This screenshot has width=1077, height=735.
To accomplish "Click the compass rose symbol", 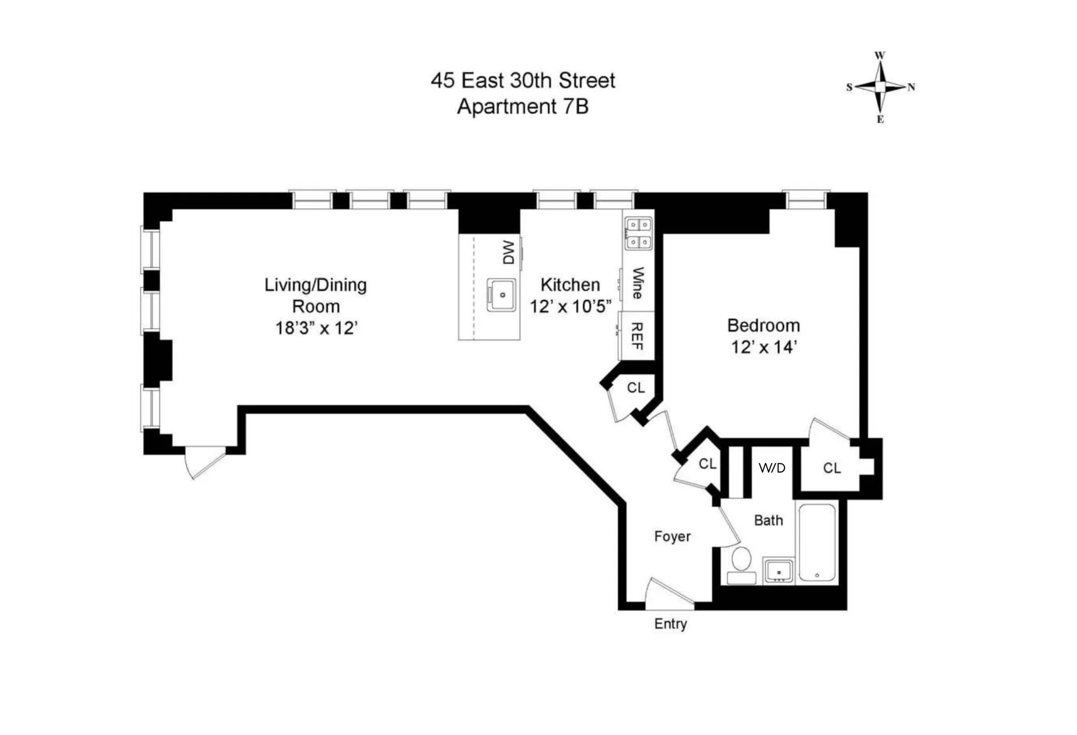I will tap(880, 87).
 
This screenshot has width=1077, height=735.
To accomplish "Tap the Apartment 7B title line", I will tap(522, 106).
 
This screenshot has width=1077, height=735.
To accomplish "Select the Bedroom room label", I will tap(763, 325).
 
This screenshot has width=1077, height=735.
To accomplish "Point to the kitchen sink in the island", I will tap(501, 295).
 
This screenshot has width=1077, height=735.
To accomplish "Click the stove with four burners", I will tap(638, 233).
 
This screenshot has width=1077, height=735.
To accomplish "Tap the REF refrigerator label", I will tap(637, 336).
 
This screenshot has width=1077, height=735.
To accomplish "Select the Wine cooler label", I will tap(638, 283).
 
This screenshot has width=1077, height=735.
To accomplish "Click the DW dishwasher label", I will tap(508, 252).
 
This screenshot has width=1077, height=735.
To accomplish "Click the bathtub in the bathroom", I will tap(817, 543).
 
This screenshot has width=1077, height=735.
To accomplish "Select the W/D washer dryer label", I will tap(772, 468).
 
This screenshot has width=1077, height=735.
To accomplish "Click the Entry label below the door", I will tap(670, 623).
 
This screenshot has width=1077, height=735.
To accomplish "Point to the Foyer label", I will tap(672, 536).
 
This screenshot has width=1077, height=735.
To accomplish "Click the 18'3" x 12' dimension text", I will tap(316, 328).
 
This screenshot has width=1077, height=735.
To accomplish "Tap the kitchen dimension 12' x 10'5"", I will tap(570, 307).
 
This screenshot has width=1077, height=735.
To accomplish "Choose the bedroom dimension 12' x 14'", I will tap(763, 347).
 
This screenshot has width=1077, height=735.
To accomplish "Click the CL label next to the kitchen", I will tap(635, 387).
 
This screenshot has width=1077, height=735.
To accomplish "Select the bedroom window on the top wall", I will tap(806, 200).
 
